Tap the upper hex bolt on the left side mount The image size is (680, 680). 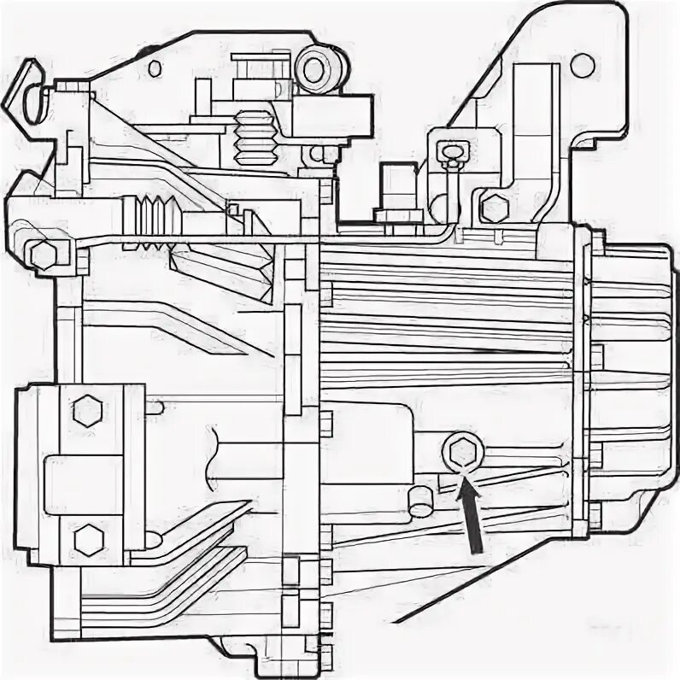point(85,412)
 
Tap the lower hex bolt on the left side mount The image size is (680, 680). point(86,538)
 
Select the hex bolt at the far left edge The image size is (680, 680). point(40,254)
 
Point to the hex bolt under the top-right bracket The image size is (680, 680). point(492,207)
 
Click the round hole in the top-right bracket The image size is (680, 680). point(583,63)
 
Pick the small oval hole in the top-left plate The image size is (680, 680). point(155,67)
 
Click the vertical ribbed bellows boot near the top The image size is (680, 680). point(255,138)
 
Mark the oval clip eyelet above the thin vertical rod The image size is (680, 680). point(449,153)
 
